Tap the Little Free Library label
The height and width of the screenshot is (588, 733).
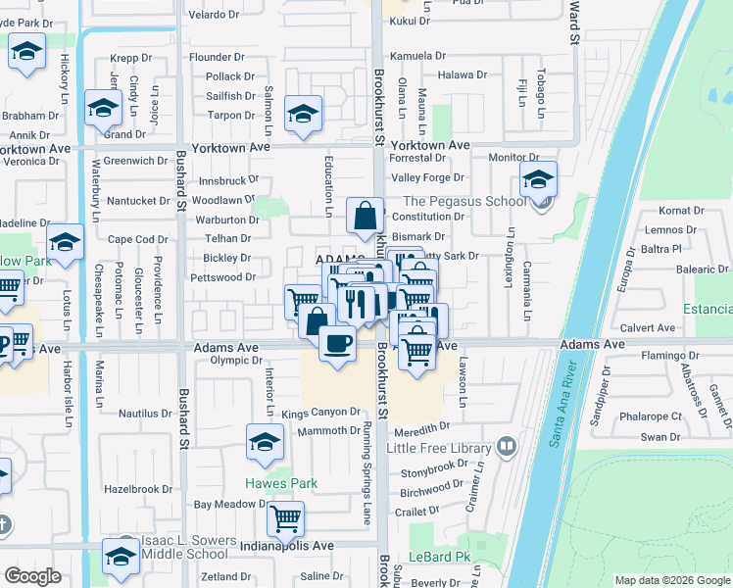click(x=438, y=448)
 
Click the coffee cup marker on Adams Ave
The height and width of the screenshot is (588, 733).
click(x=337, y=344)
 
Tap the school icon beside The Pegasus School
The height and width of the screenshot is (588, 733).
click(x=537, y=180)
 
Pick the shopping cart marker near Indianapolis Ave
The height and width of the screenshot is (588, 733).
click(x=285, y=518)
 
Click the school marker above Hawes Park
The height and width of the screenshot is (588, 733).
click(x=264, y=444)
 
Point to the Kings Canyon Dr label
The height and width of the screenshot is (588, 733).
click(x=321, y=413)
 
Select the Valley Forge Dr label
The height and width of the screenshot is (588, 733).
click(x=427, y=177)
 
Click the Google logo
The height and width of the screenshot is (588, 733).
click(x=32, y=576)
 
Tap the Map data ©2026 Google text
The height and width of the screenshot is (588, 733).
click(x=671, y=580)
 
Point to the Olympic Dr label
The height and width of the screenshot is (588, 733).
click(x=237, y=361)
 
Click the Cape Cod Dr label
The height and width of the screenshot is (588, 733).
click(x=138, y=239)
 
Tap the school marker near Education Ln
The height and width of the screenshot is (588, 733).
click(x=304, y=115)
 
